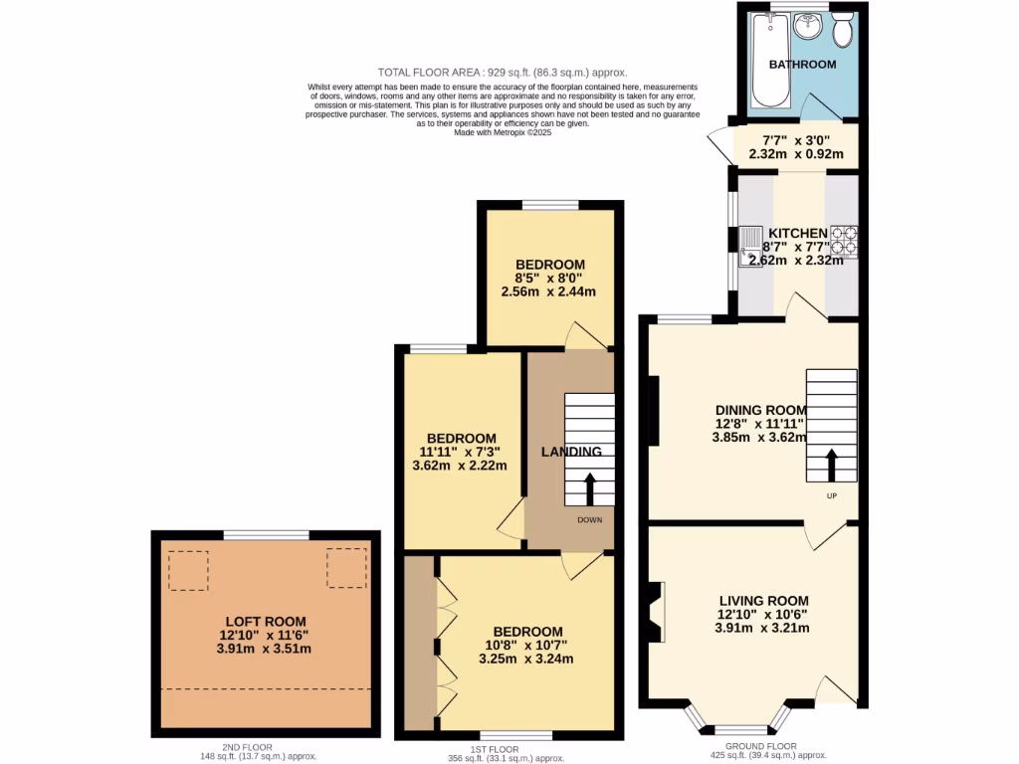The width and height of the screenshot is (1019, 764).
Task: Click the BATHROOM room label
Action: tap(802, 65)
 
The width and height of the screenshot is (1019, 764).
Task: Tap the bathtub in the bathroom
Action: tap(768, 62)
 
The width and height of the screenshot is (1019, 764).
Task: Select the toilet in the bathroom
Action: tap(843, 30)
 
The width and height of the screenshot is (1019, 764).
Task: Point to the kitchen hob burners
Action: tap(844, 239)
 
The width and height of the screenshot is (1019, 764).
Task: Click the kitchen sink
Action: tap(749, 240)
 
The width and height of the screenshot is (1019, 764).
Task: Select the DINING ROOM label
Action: tap(760, 409)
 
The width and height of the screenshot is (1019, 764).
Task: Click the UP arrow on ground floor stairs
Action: tap(831, 465)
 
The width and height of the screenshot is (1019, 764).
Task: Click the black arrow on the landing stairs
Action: tap(589, 488)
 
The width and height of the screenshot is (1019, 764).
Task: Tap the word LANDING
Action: tap(570, 452)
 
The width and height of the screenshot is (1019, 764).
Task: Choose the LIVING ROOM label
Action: tap(763, 601)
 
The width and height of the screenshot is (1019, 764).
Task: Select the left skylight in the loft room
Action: tap(187, 570)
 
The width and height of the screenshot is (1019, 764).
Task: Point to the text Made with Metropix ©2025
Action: tap(502, 132)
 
